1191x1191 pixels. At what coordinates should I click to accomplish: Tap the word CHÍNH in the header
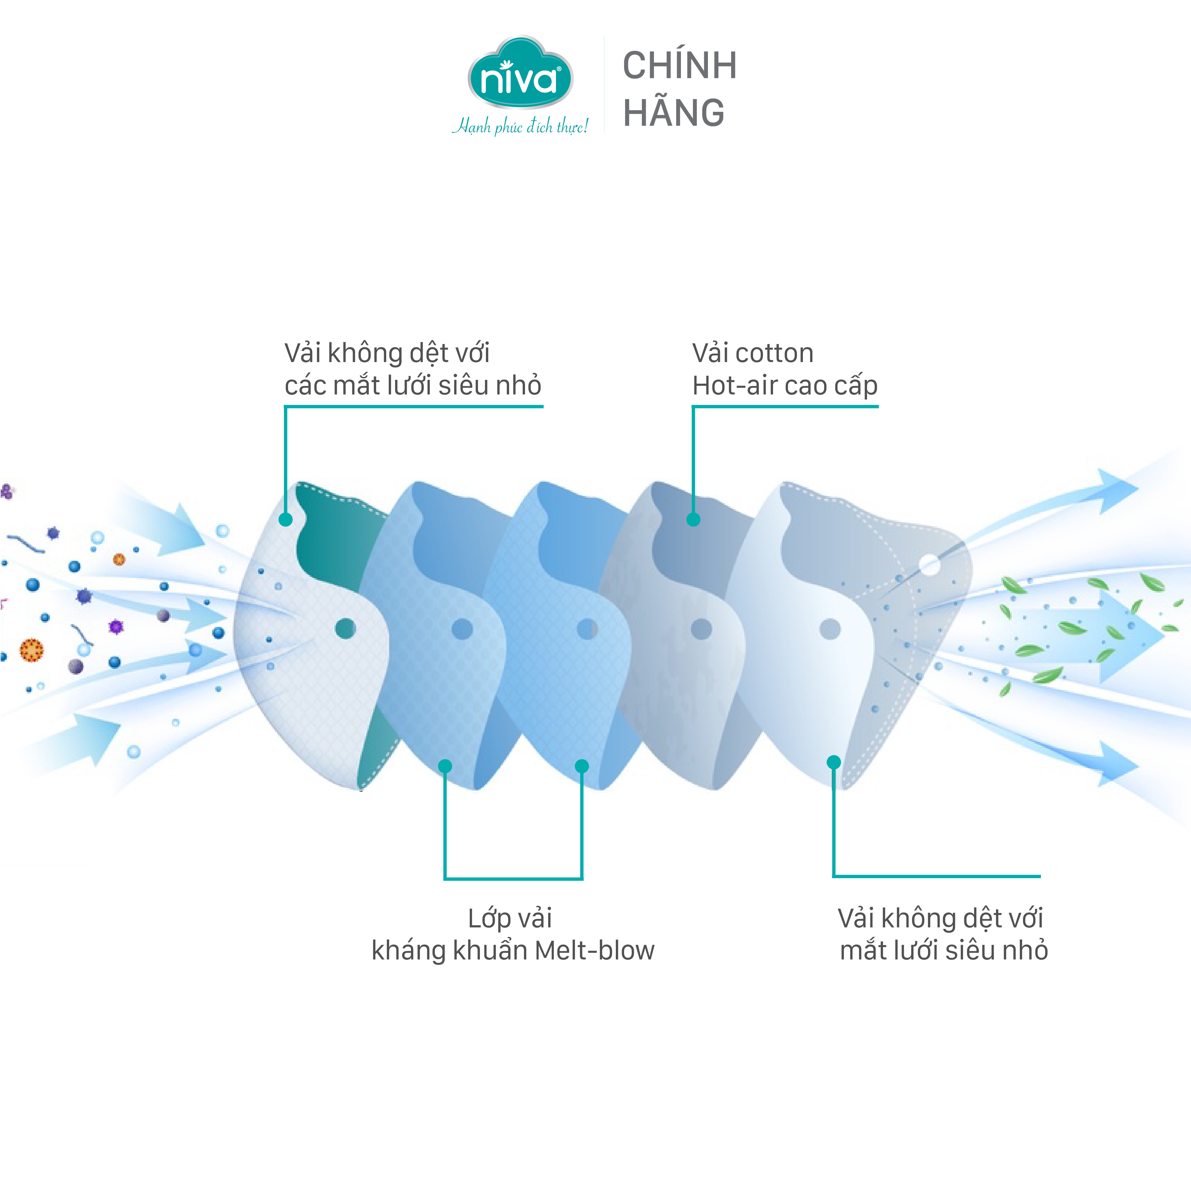coord(679,65)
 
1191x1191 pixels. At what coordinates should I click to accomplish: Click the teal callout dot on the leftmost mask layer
coord(286,520)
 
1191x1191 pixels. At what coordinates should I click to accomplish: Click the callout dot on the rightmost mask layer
coord(833,763)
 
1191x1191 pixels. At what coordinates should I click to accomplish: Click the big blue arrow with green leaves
coord(1085,636)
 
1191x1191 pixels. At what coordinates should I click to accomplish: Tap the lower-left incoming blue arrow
coord(86,740)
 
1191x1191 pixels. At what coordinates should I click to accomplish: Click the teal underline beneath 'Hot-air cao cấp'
coord(785,406)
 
